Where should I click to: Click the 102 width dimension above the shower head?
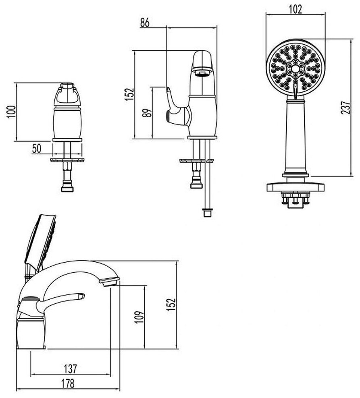point(296,10)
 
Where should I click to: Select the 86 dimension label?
point(145,23)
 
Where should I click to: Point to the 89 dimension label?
point(147,113)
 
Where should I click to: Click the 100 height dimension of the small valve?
point(11,112)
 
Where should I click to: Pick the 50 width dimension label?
point(37,149)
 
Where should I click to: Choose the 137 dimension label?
point(70,369)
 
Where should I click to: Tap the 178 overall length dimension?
point(68,383)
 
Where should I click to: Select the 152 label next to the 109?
point(171,304)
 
